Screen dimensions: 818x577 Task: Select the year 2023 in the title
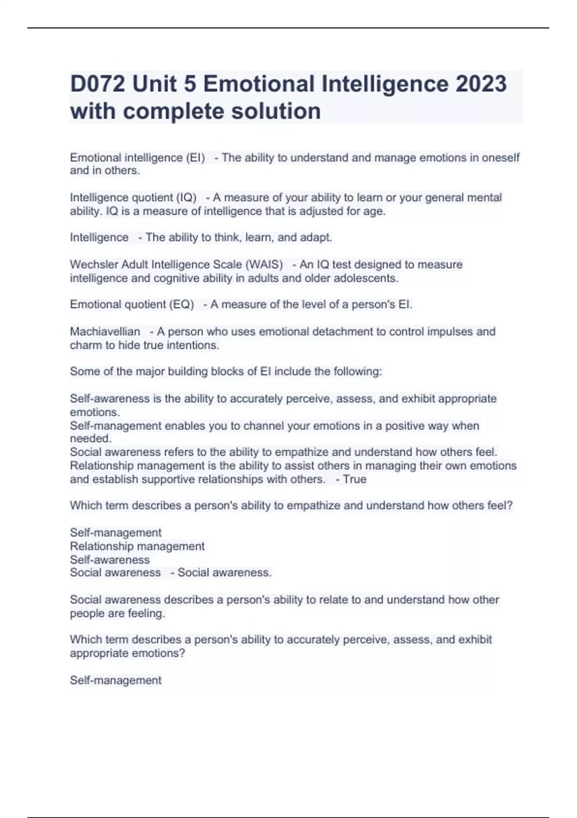(x=481, y=84)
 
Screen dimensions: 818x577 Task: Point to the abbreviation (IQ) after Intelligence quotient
(x=187, y=198)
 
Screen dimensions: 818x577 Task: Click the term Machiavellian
(x=105, y=332)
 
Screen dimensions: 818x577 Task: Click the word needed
(x=90, y=438)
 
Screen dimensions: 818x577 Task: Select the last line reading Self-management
(x=115, y=680)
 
